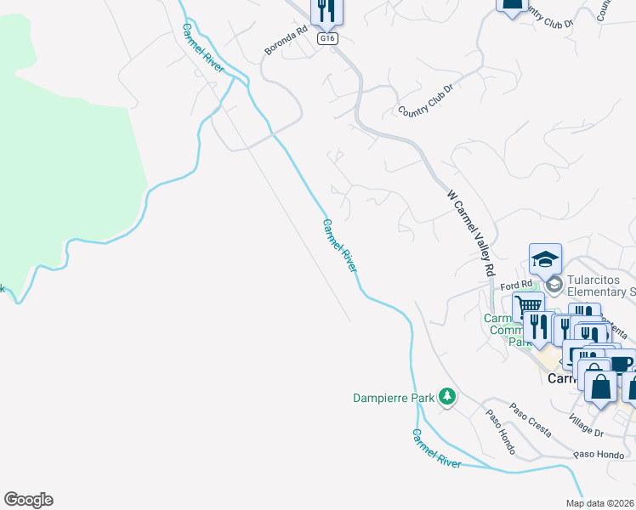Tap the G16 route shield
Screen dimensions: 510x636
[327, 39]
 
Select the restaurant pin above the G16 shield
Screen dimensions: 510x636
[327, 11]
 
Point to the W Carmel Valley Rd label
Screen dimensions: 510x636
[471, 232]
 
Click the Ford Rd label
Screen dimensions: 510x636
[515, 285]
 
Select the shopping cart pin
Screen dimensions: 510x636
[528, 306]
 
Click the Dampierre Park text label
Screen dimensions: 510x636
[394, 397]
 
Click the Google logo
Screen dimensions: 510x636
[28, 500]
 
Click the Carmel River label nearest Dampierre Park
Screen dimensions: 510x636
[436, 449]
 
